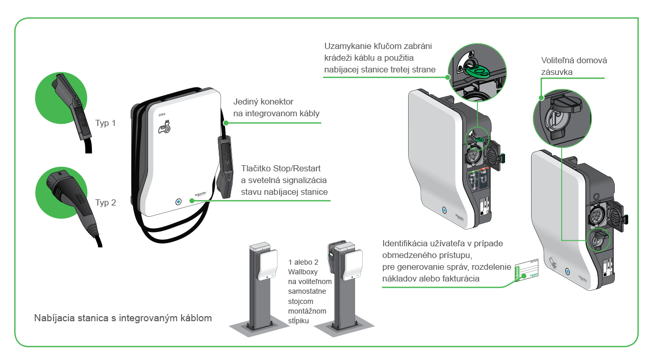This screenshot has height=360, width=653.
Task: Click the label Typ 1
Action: click(x=106, y=123)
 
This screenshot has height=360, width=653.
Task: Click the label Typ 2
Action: click(x=106, y=202)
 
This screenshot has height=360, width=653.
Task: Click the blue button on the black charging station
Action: click(x=178, y=201)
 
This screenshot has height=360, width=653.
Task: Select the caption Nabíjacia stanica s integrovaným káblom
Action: click(x=123, y=318)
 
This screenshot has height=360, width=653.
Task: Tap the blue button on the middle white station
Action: click(x=443, y=210)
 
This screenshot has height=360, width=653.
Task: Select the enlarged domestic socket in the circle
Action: click(x=561, y=115)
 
